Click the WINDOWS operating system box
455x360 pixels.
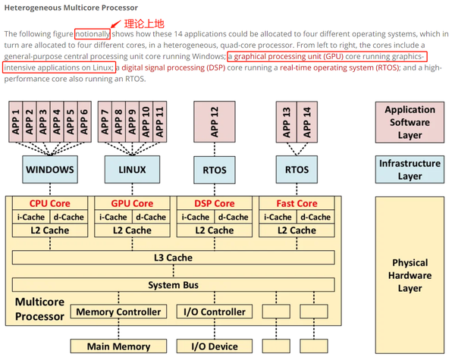(x=50, y=170)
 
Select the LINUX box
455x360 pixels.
(x=132, y=170)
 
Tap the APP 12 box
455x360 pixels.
(x=214, y=121)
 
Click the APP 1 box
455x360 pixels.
(x=16, y=121)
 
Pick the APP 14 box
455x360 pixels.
(x=306, y=121)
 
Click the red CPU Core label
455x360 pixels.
(x=50, y=203)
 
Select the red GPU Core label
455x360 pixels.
(x=132, y=203)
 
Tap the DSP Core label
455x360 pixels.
(x=214, y=203)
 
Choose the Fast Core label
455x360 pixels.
(x=297, y=203)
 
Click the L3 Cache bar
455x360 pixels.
(x=174, y=258)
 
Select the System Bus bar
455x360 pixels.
(x=174, y=285)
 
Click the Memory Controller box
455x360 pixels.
(x=118, y=311)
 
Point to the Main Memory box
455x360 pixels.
(x=118, y=346)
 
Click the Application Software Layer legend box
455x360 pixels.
(x=410, y=121)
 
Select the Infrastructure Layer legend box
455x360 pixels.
(x=410, y=170)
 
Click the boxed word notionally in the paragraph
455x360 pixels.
(x=93, y=34)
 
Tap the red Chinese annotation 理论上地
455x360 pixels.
(x=143, y=23)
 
